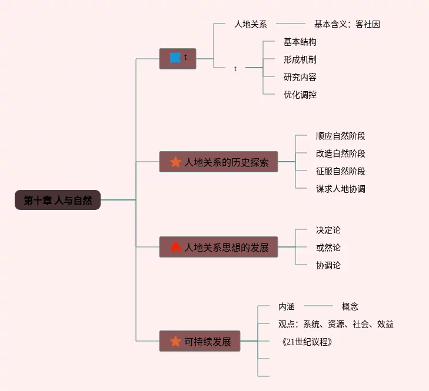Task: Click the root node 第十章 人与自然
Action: point(58,200)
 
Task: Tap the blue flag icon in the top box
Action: point(175,58)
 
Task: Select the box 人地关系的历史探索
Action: point(218,162)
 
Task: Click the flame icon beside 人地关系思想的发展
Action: point(175,248)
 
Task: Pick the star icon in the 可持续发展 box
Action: point(175,341)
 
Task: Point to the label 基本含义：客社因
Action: point(347,24)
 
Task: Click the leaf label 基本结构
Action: point(300,42)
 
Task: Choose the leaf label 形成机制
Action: point(300,59)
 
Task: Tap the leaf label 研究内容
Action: point(300,77)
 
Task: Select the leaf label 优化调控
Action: point(300,95)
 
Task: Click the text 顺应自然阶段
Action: point(340,136)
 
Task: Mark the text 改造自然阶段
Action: point(340,153)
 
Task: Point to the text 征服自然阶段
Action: point(340,171)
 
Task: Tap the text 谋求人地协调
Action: point(340,189)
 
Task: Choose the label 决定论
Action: point(328,230)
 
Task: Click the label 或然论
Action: point(328,248)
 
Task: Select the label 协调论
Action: point(328,265)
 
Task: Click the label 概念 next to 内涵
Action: point(350,306)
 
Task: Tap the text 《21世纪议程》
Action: point(307,342)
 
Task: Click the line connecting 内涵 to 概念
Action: point(318,306)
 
